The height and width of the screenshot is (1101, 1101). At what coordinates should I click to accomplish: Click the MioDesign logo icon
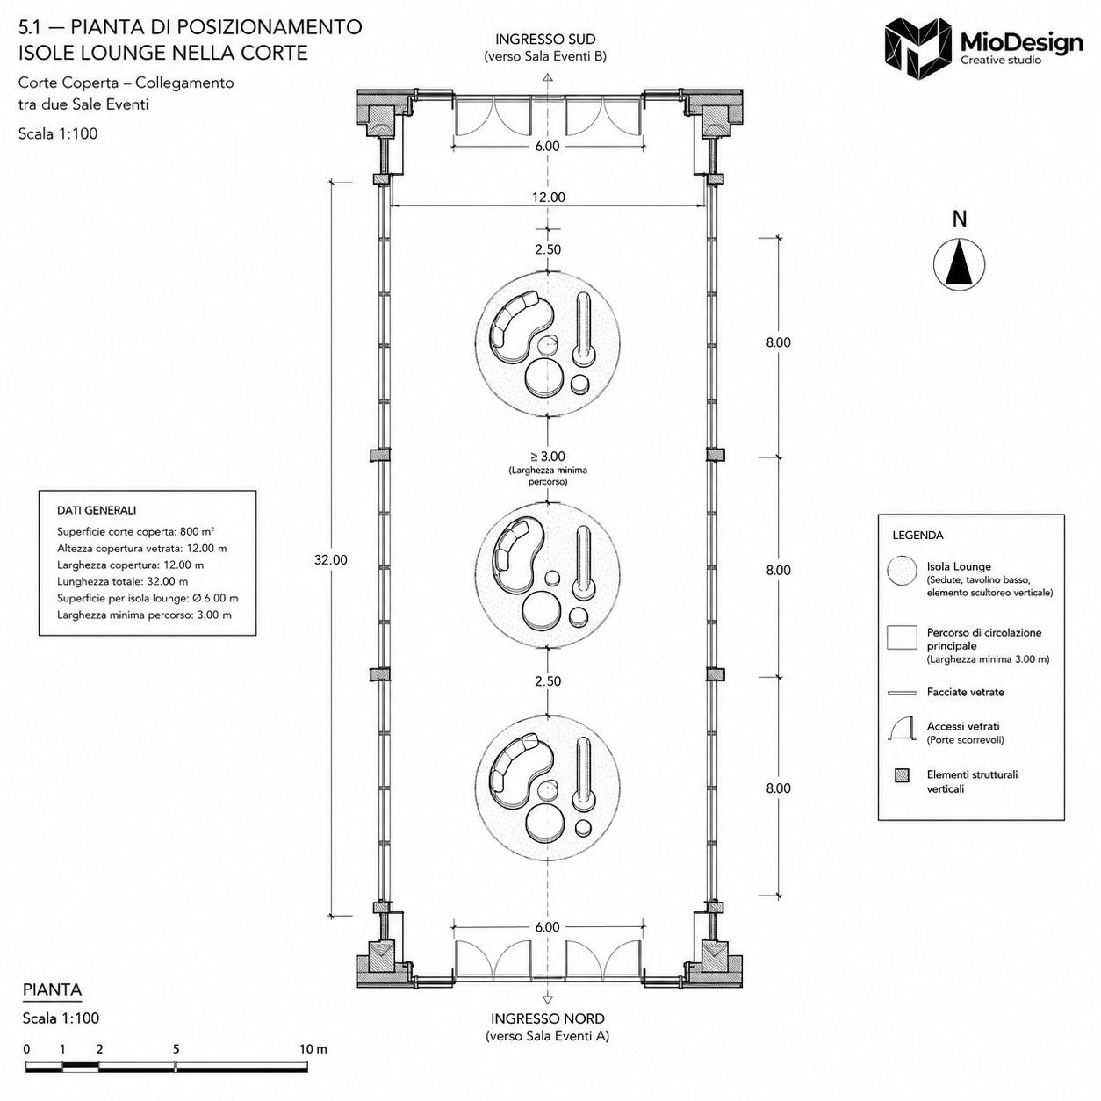(x=918, y=48)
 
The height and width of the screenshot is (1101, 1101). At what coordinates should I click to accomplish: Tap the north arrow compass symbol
(x=959, y=264)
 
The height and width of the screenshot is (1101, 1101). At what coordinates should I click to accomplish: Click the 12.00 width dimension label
(x=549, y=198)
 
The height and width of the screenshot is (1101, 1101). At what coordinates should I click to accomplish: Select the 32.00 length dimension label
(x=331, y=560)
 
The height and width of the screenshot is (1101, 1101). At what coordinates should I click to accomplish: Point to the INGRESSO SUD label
(x=545, y=40)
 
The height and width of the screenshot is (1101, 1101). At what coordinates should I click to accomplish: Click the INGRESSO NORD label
(x=547, y=1018)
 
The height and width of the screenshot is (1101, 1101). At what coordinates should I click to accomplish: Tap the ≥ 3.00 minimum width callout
(x=548, y=456)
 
